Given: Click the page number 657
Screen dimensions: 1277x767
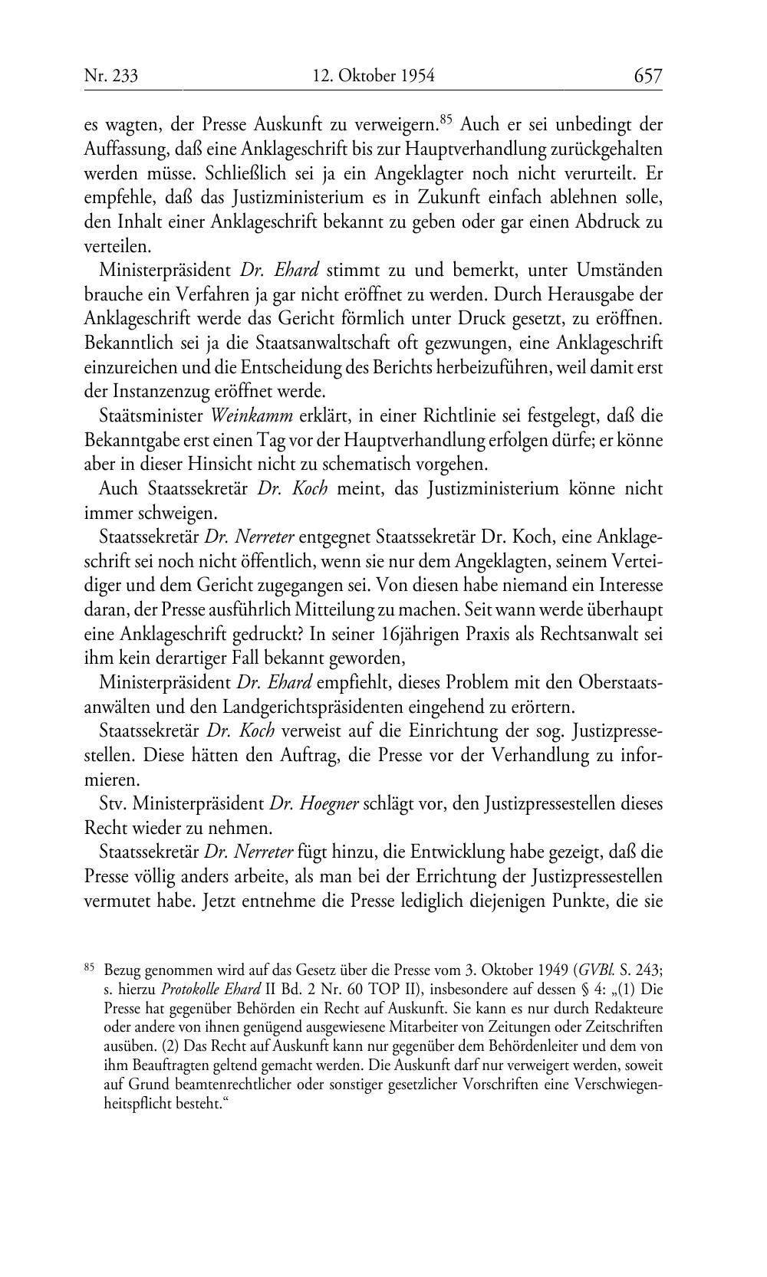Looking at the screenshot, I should click(647, 76).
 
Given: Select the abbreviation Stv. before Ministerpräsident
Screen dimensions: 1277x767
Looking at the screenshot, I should click(114, 804).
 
